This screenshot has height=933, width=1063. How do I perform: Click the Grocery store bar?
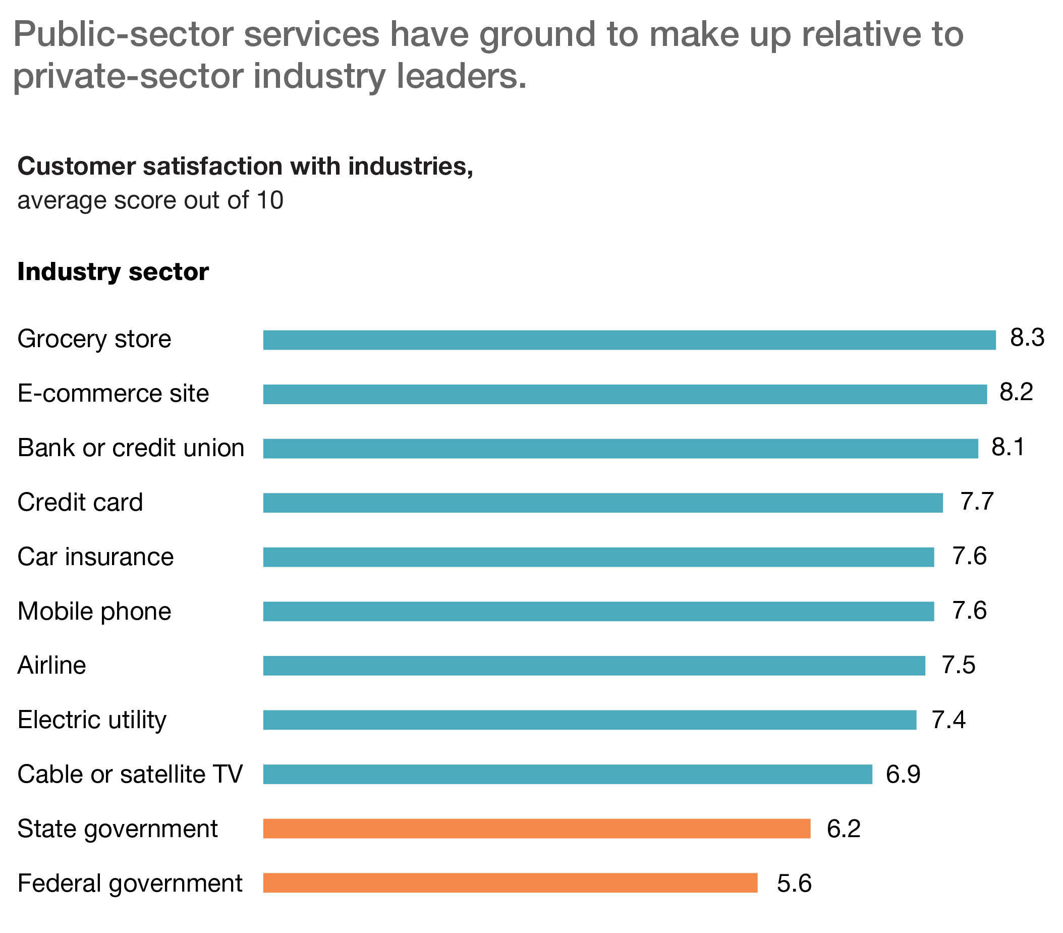[x=629, y=340]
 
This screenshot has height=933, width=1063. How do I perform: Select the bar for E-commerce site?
[x=624, y=394]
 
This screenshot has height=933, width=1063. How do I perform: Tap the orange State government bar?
[x=536, y=829]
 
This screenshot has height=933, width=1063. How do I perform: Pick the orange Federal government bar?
[x=510, y=883]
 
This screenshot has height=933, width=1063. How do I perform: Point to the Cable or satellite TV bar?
[x=567, y=775]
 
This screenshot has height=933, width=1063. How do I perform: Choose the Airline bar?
[x=593, y=666]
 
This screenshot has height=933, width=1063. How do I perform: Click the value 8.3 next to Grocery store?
[x=1027, y=338]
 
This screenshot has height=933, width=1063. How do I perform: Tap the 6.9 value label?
[x=903, y=775]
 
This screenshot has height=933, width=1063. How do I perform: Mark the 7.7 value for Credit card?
[x=977, y=502]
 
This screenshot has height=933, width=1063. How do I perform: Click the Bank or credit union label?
[x=131, y=448]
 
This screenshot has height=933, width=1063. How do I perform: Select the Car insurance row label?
[x=95, y=557]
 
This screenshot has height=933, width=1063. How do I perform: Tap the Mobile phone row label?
[x=94, y=612]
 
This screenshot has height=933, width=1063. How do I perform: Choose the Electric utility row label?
[x=91, y=720]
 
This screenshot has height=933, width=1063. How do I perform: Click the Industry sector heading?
[x=113, y=272]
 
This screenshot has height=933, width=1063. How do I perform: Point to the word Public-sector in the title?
[x=123, y=34]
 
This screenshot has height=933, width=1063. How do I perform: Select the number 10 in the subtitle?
[x=269, y=201]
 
